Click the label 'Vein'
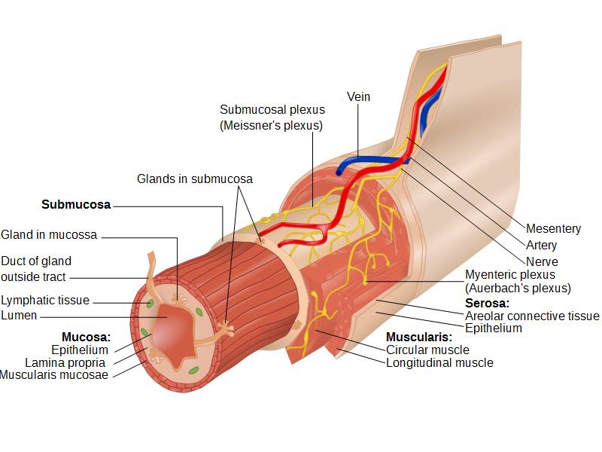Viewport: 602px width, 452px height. pyautogui.click(x=359, y=97)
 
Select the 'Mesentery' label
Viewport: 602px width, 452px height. pyautogui.click(x=553, y=229)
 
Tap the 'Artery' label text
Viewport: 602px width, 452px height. pyautogui.click(x=542, y=246)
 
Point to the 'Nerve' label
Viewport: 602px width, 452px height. pyautogui.click(x=542, y=262)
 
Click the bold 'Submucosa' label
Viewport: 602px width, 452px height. pyautogui.click(x=76, y=205)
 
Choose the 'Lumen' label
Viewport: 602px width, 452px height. pyautogui.click(x=19, y=316)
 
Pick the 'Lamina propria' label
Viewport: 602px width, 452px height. pyautogui.click(x=65, y=362)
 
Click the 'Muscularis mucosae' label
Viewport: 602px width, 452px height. pyautogui.click(x=54, y=375)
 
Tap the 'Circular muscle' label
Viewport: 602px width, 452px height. pyautogui.click(x=427, y=350)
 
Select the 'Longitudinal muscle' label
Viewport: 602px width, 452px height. pyautogui.click(x=439, y=363)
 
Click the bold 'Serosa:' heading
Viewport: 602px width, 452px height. pyautogui.click(x=487, y=303)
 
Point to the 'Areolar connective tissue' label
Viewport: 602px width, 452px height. pyautogui.click(x=532, y=316)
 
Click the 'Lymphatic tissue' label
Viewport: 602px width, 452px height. pyautogui.click(x=45, y=301)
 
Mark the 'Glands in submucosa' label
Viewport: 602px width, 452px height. pyautogui.click(x=195, y=179)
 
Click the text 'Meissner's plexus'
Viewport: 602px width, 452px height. pyautogui.click(x=272, y=126)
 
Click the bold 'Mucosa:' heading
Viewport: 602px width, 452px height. pyautogui.click(x=86, y=337)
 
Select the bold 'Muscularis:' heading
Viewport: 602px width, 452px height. pyautogui.click(x=419, y=337)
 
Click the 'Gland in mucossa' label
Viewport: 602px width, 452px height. pyautogui.click(x=49, y=235)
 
